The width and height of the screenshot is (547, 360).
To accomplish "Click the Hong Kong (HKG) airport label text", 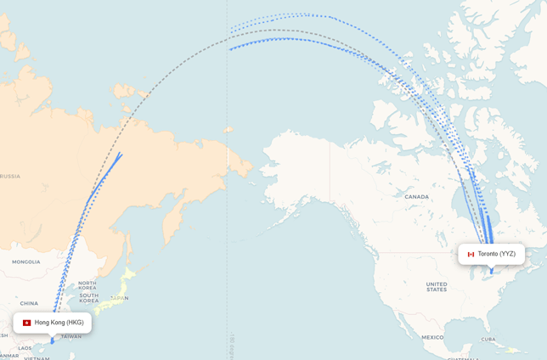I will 59,323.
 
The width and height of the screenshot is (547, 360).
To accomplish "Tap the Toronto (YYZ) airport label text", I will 497,254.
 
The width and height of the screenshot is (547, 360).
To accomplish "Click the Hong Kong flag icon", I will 27,323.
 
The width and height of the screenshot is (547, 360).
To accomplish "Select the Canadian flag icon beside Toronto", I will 471,254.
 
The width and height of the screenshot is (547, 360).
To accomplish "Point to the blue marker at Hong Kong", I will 52,341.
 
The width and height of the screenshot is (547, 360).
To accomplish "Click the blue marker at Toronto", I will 491,271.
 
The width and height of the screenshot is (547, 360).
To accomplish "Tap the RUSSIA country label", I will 10,176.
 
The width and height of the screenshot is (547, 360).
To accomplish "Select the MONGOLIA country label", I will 25,262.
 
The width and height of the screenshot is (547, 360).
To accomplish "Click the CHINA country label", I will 29,303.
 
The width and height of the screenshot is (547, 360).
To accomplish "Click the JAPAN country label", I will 120,298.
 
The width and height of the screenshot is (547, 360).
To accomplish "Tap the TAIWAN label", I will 71,336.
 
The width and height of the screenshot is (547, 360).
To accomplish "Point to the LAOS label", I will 25,348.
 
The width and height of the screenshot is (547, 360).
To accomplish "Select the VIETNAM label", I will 37,357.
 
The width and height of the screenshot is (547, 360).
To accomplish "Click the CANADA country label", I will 416,197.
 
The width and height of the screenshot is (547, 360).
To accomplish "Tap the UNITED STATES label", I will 436,287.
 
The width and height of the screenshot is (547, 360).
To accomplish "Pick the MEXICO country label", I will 432,337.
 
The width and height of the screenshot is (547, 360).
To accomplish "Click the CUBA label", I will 488,339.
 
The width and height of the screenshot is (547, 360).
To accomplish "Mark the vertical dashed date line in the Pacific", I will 228,212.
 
